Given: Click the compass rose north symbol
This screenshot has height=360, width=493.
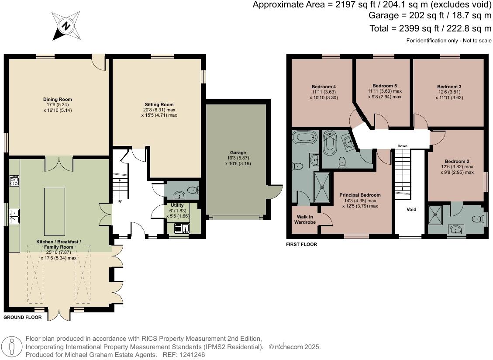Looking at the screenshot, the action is click(66, 26).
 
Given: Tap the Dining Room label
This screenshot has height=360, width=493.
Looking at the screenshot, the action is click(58, 99).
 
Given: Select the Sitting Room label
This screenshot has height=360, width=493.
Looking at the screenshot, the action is click(159, 104).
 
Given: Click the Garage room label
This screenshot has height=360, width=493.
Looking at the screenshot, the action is click(238, 152).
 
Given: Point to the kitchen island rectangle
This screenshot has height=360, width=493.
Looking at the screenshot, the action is click(55, 211).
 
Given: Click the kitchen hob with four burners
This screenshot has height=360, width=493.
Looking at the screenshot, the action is click(14, 180).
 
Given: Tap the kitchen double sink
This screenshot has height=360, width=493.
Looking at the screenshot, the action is click(14, 217).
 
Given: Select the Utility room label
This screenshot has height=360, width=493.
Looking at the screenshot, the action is click(177, 205).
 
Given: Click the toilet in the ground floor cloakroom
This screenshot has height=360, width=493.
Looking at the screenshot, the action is click(192, 190).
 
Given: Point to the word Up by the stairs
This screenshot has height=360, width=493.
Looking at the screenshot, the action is click(120, 201).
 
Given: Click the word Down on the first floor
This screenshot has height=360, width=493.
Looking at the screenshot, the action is click(403, 146).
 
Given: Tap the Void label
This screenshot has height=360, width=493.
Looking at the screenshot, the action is click(411, 209).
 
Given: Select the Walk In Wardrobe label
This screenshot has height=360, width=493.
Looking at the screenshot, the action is click(305, 219).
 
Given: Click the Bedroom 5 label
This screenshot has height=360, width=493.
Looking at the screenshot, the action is click(385, 86).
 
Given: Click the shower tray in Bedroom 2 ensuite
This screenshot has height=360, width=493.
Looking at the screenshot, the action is click(435, 215).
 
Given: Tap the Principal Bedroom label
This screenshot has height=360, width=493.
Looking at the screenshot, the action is click(360, 195).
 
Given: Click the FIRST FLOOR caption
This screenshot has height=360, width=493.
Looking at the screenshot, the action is click(302, 244).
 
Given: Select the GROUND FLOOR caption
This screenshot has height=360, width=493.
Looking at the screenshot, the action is click(23, 317).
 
